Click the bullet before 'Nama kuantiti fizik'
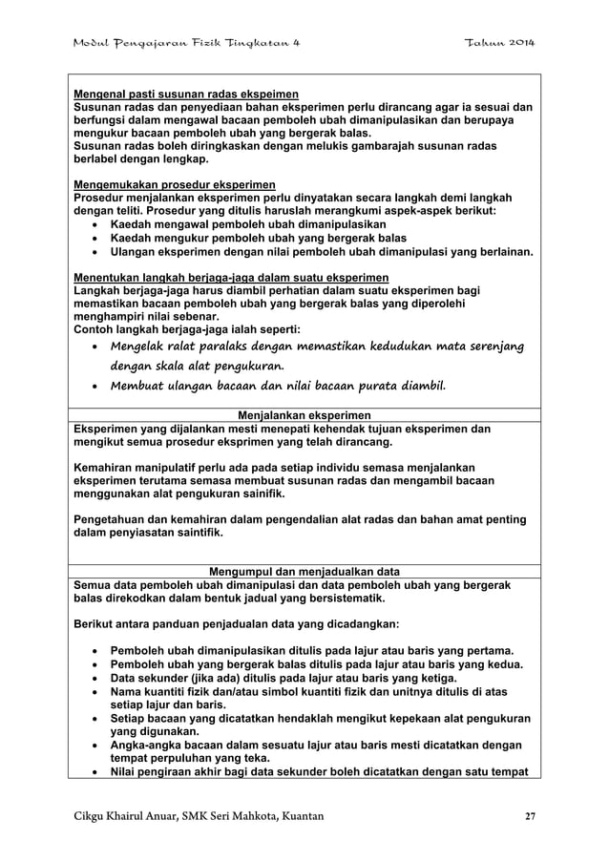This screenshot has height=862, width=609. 93,691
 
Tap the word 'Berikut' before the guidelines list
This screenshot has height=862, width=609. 95,624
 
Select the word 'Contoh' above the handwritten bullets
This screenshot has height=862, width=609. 96,329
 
